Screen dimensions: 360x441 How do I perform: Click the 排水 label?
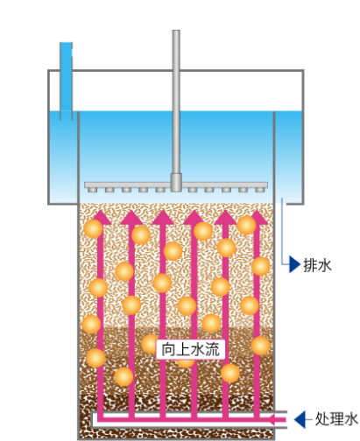point(317,265)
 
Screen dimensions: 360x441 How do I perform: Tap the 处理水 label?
point(336,419)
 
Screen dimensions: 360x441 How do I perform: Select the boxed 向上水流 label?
point(191,349)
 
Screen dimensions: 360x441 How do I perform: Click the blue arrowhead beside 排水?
point(294,264)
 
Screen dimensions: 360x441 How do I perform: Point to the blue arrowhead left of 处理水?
point(300,419)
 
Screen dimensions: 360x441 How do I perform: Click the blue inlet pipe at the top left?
point(66,80)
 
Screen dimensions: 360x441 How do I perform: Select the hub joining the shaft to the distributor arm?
point(176,182)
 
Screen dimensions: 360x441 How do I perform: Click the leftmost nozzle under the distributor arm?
point(92,190)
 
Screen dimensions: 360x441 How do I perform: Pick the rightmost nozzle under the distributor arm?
point(259,190)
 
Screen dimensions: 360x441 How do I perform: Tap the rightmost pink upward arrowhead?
point(258,217)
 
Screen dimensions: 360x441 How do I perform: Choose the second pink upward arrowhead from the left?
point(131,217)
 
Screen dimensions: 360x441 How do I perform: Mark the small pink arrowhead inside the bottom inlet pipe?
point(272,420)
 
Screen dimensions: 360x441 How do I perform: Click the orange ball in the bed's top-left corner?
point(93,228)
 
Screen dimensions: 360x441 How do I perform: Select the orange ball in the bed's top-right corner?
point(246,225)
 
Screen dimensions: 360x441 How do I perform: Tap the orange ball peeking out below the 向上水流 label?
point(186,363)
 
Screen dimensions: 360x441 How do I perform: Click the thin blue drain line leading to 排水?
point(282,234)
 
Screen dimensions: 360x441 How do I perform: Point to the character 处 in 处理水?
point(322,419)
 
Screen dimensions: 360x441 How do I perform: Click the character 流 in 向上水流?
point(212,349)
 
